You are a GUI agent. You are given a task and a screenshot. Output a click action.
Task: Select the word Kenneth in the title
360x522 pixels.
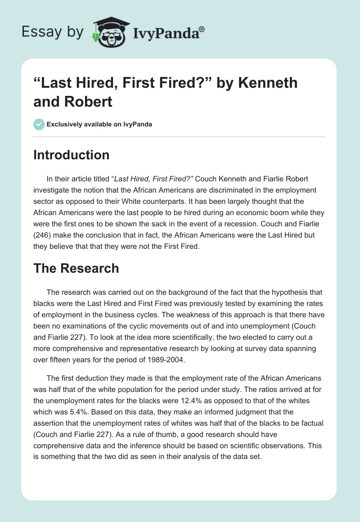pyautogui.click(x=269, y=83)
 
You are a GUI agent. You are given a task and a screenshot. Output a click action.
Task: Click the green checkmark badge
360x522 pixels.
pyautogui.click(x=39, y=124)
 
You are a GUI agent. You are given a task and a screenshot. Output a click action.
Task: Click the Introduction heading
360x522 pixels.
pyautogui.click(x=72, y=155)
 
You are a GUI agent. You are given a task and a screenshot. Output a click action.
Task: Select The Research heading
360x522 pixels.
pyautogui.click(x=76, y=268)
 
